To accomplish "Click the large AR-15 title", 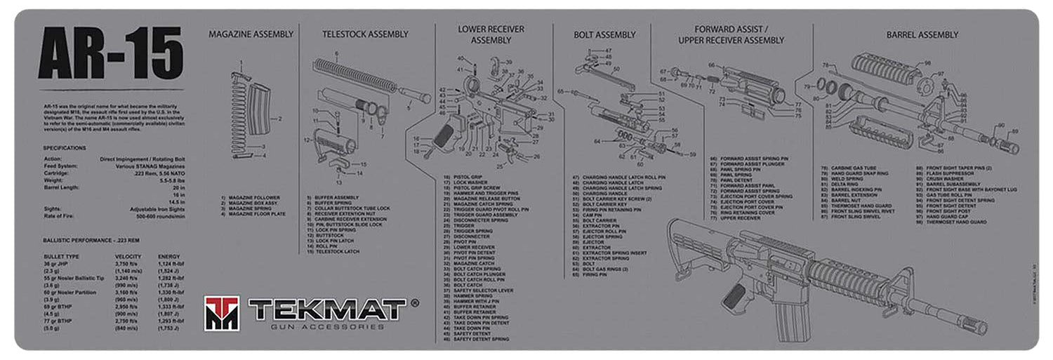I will (110, 54).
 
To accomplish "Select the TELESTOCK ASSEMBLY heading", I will (364, 34).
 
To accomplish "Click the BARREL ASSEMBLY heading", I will (922, 34).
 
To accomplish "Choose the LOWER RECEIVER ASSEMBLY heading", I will (491, 35).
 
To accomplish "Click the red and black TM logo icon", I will (221, 312).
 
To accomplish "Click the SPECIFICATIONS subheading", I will (65, 148).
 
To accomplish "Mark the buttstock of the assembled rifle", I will (691, 245).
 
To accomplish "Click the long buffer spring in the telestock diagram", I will (355, 73).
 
